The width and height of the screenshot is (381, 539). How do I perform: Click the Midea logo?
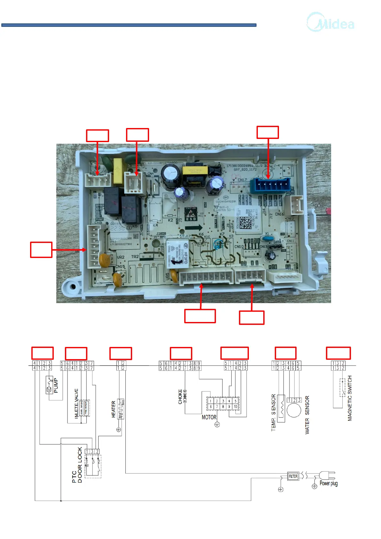click(x=331, y=22)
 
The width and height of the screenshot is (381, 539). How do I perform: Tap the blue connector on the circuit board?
click(x=270, y=186)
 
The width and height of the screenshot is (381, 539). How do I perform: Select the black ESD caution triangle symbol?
click(x=191, y=214)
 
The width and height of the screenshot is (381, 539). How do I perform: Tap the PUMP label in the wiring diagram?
click(x=56, y=385)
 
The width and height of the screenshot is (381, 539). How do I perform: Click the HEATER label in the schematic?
click(x=113, y=409)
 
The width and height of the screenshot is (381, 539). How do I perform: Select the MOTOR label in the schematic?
click(x=209, y=417)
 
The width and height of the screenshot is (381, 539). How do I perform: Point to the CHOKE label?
click(x=180, y=397)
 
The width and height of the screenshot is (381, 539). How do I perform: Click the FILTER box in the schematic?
click(x=293, y=476)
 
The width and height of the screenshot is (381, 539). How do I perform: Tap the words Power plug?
click(x=329, y=483)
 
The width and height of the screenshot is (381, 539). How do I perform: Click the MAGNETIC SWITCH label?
click(x=350, y=398)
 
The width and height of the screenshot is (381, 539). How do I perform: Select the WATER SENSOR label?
click(x=307, y=415)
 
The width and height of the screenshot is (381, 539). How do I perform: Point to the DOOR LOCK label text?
click(x=80, y=465)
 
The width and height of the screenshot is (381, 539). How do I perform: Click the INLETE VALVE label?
click(x=76, y=403)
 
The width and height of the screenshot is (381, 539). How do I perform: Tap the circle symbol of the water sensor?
click(x=294, y=410)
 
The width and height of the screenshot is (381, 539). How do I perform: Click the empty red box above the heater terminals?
click(x=121, y=353)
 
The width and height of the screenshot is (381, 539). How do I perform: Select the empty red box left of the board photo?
click(x=41, y=250)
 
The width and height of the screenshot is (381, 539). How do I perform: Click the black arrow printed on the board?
click(x=194, y=228)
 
